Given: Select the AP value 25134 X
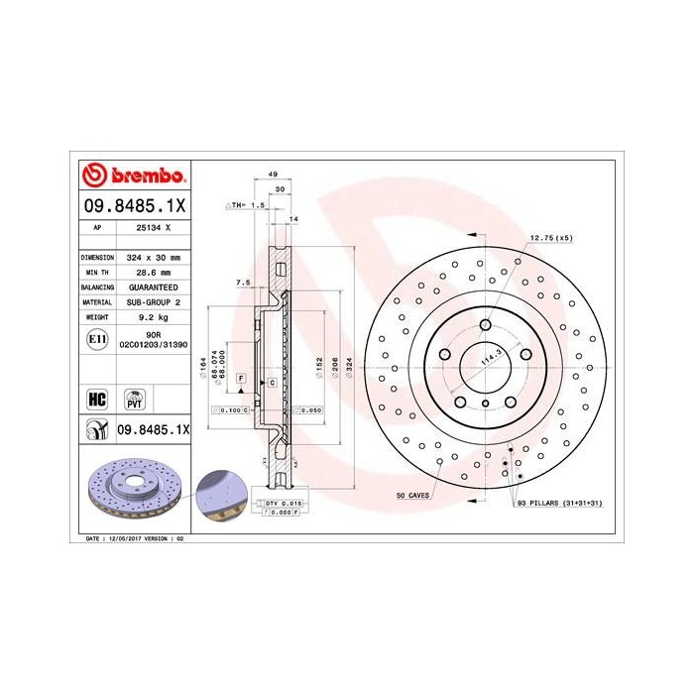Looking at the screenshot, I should tap(153, 227).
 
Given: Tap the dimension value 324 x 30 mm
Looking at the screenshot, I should tap(153, 256).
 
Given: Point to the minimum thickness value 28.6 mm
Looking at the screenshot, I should tap(153, 271).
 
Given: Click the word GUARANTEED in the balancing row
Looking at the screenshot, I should tap(153, 286).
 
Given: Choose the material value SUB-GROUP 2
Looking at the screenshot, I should tap(153, 301).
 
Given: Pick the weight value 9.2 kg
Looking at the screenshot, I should tap(153, 316).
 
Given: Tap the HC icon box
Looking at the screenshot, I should tap(97, 400).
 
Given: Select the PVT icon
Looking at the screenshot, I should tap(133, 400).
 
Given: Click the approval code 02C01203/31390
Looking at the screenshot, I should tap(153, 347).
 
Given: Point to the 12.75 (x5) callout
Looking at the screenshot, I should tap(551, 239).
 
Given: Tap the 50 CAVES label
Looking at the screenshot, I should tap(412, 494).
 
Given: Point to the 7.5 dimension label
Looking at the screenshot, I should tap(242, 283).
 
